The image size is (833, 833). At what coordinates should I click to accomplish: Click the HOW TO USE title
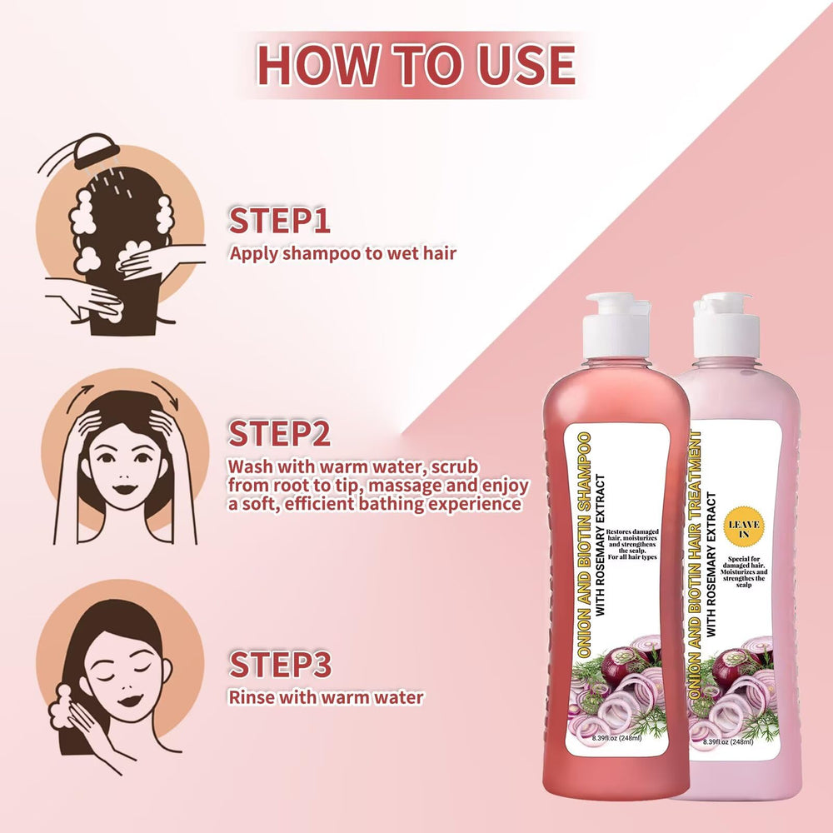(416, 65)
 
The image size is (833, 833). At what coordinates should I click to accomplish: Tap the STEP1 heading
(279, 221)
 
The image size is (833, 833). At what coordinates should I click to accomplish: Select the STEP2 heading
(279, 433)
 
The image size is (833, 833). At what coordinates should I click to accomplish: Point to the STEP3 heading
(280, 664)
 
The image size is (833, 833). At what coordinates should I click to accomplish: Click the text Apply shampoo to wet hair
(342, 253)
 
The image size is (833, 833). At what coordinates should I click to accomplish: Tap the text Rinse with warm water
(327, 697)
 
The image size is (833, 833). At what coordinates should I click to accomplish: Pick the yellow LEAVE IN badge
(744, 528)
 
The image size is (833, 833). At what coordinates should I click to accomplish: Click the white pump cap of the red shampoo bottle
(617, 325)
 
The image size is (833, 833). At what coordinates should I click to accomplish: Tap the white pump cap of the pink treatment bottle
(726, 325)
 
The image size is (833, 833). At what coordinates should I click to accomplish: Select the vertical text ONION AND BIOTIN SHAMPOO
(584, 545)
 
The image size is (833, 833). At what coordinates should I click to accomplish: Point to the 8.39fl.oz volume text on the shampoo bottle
(616, 738)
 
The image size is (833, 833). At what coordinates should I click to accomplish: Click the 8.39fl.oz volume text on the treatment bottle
(728, 741)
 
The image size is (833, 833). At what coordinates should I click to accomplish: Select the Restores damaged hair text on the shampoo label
(632, 544)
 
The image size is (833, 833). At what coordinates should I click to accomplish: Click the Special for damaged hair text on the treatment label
(744, 571)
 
